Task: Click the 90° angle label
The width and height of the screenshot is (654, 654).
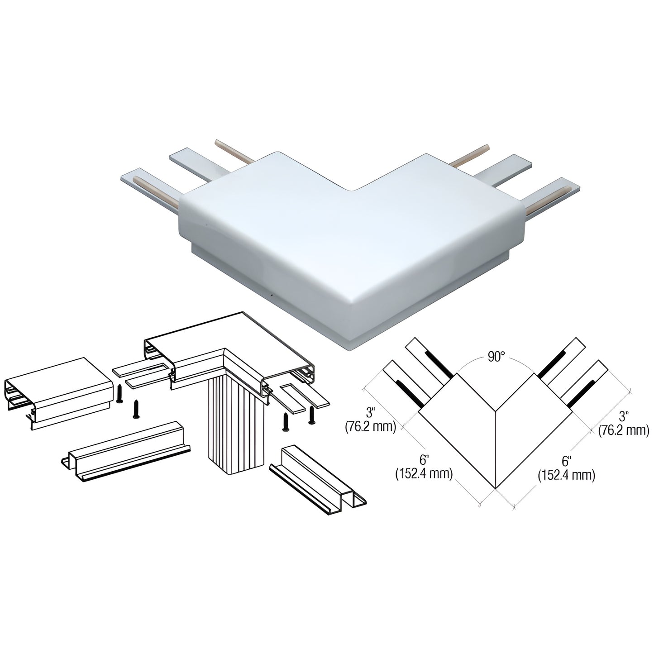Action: [x=496, y=357]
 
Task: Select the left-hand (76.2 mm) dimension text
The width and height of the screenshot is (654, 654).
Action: [x=371, y=427]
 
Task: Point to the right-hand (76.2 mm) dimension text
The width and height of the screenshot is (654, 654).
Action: [x=624, y=430]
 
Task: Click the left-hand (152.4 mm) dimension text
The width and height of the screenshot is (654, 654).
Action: [x=424, y=473]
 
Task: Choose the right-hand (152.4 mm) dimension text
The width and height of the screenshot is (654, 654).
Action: [x=567, y=475]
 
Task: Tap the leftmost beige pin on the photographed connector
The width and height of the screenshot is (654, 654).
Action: [x=156, y=192]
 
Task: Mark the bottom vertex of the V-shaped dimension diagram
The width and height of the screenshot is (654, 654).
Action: [x=496, y=489]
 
